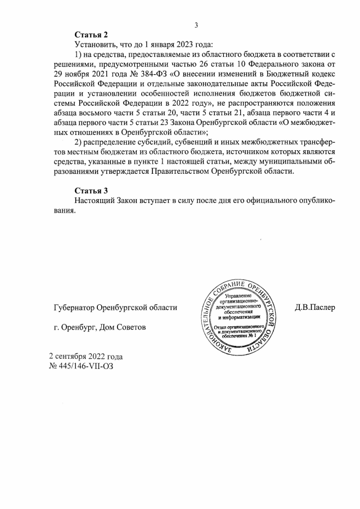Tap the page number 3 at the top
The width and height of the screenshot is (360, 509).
(x=196, y=24)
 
